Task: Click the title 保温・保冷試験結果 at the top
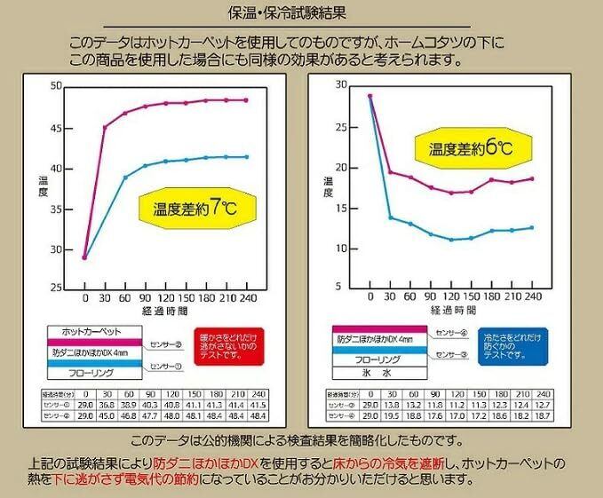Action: click(302, 14)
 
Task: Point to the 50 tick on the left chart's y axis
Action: click(56, 86)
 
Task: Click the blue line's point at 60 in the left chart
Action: click(125, 178)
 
